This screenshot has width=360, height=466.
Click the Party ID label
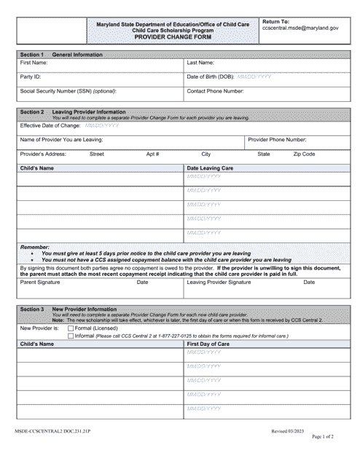click(31, 76)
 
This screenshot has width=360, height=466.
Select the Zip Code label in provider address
click(304, 154)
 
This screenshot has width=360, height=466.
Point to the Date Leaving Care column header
click(211, 168)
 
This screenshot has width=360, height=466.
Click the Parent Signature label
click(40, 282)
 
